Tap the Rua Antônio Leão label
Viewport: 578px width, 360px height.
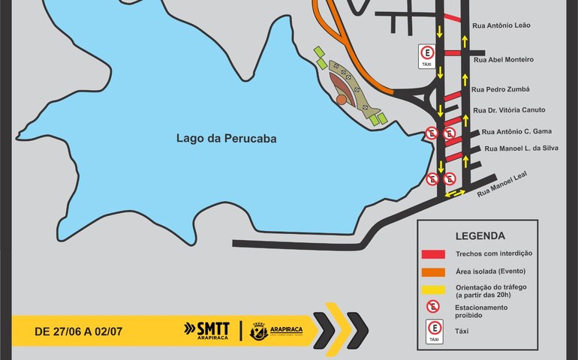click(501, 25)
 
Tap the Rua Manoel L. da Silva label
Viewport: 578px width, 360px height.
click(522, 148)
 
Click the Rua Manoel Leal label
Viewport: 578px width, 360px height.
click(502, 184)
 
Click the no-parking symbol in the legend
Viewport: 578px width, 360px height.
click(433, 306)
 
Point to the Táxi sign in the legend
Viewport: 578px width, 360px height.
click(433, 330)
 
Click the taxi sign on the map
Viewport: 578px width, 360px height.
click(427, 56)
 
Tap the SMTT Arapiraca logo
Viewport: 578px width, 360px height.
click(206, 329)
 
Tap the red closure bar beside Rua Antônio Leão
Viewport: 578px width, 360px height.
click(452, 17)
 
